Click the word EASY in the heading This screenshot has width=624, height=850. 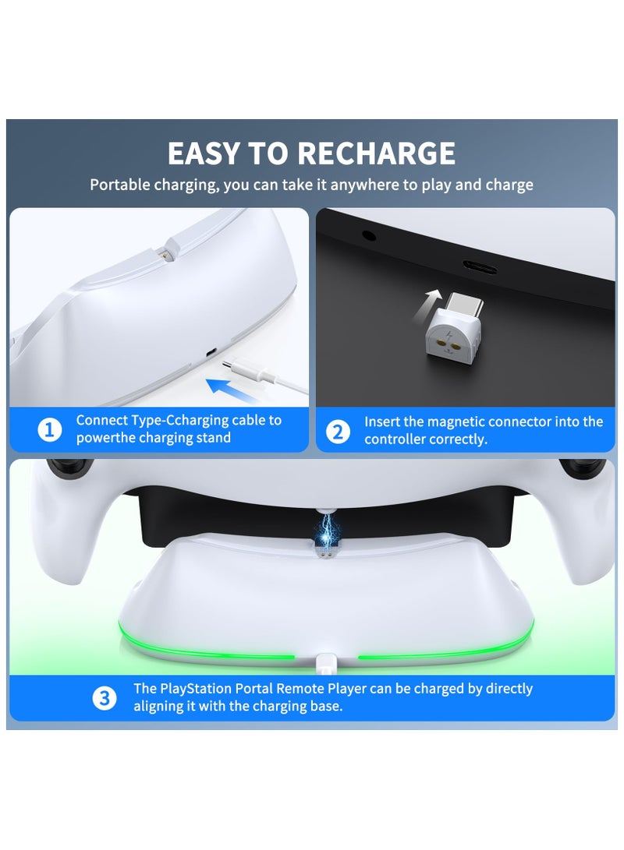pyautogui.click(x=205, y=153)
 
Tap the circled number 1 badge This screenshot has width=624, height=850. pyautogui.click(x=50, y=429)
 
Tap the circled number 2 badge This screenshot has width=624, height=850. pyautogui.click(x=338, y=431)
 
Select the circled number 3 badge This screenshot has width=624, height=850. pyautogui.click(x=105, y=698)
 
